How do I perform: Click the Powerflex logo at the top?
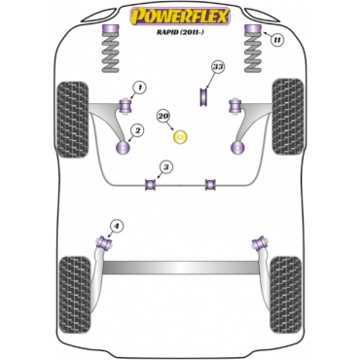180,17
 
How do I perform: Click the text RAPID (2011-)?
181,32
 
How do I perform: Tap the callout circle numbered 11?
276,40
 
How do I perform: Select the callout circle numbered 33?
218,67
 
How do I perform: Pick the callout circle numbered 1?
139,88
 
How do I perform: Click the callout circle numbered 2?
137,130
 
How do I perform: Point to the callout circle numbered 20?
164,116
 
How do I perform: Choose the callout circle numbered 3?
166,167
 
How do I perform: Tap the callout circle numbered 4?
117,226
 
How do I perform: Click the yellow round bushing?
181,137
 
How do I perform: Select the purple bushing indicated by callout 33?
204,96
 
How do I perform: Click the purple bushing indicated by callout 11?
252,29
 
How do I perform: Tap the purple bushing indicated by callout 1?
126,106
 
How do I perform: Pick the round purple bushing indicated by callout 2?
123,148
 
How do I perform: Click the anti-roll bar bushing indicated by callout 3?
150,184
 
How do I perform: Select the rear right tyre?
286,291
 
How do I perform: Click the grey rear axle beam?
181,268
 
